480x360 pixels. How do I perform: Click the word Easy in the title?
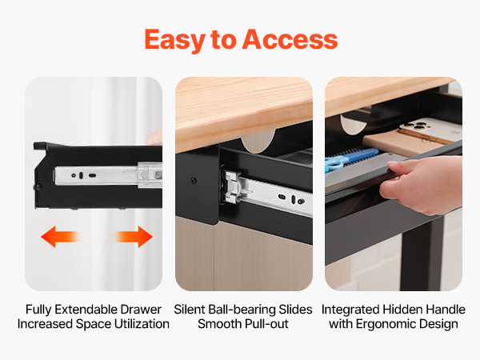click(x=174, y=40)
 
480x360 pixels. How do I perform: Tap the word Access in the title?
click(x=290, y=39)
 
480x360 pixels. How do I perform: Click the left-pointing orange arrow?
click(x=60, y=237)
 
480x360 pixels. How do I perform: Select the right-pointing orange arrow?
click(x=134, y=237)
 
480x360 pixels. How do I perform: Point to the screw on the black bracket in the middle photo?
click(x=194, y=180)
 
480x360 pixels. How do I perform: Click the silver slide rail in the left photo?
click(x=108, y=175)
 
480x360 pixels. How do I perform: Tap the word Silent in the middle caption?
click(x=190, y=310)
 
